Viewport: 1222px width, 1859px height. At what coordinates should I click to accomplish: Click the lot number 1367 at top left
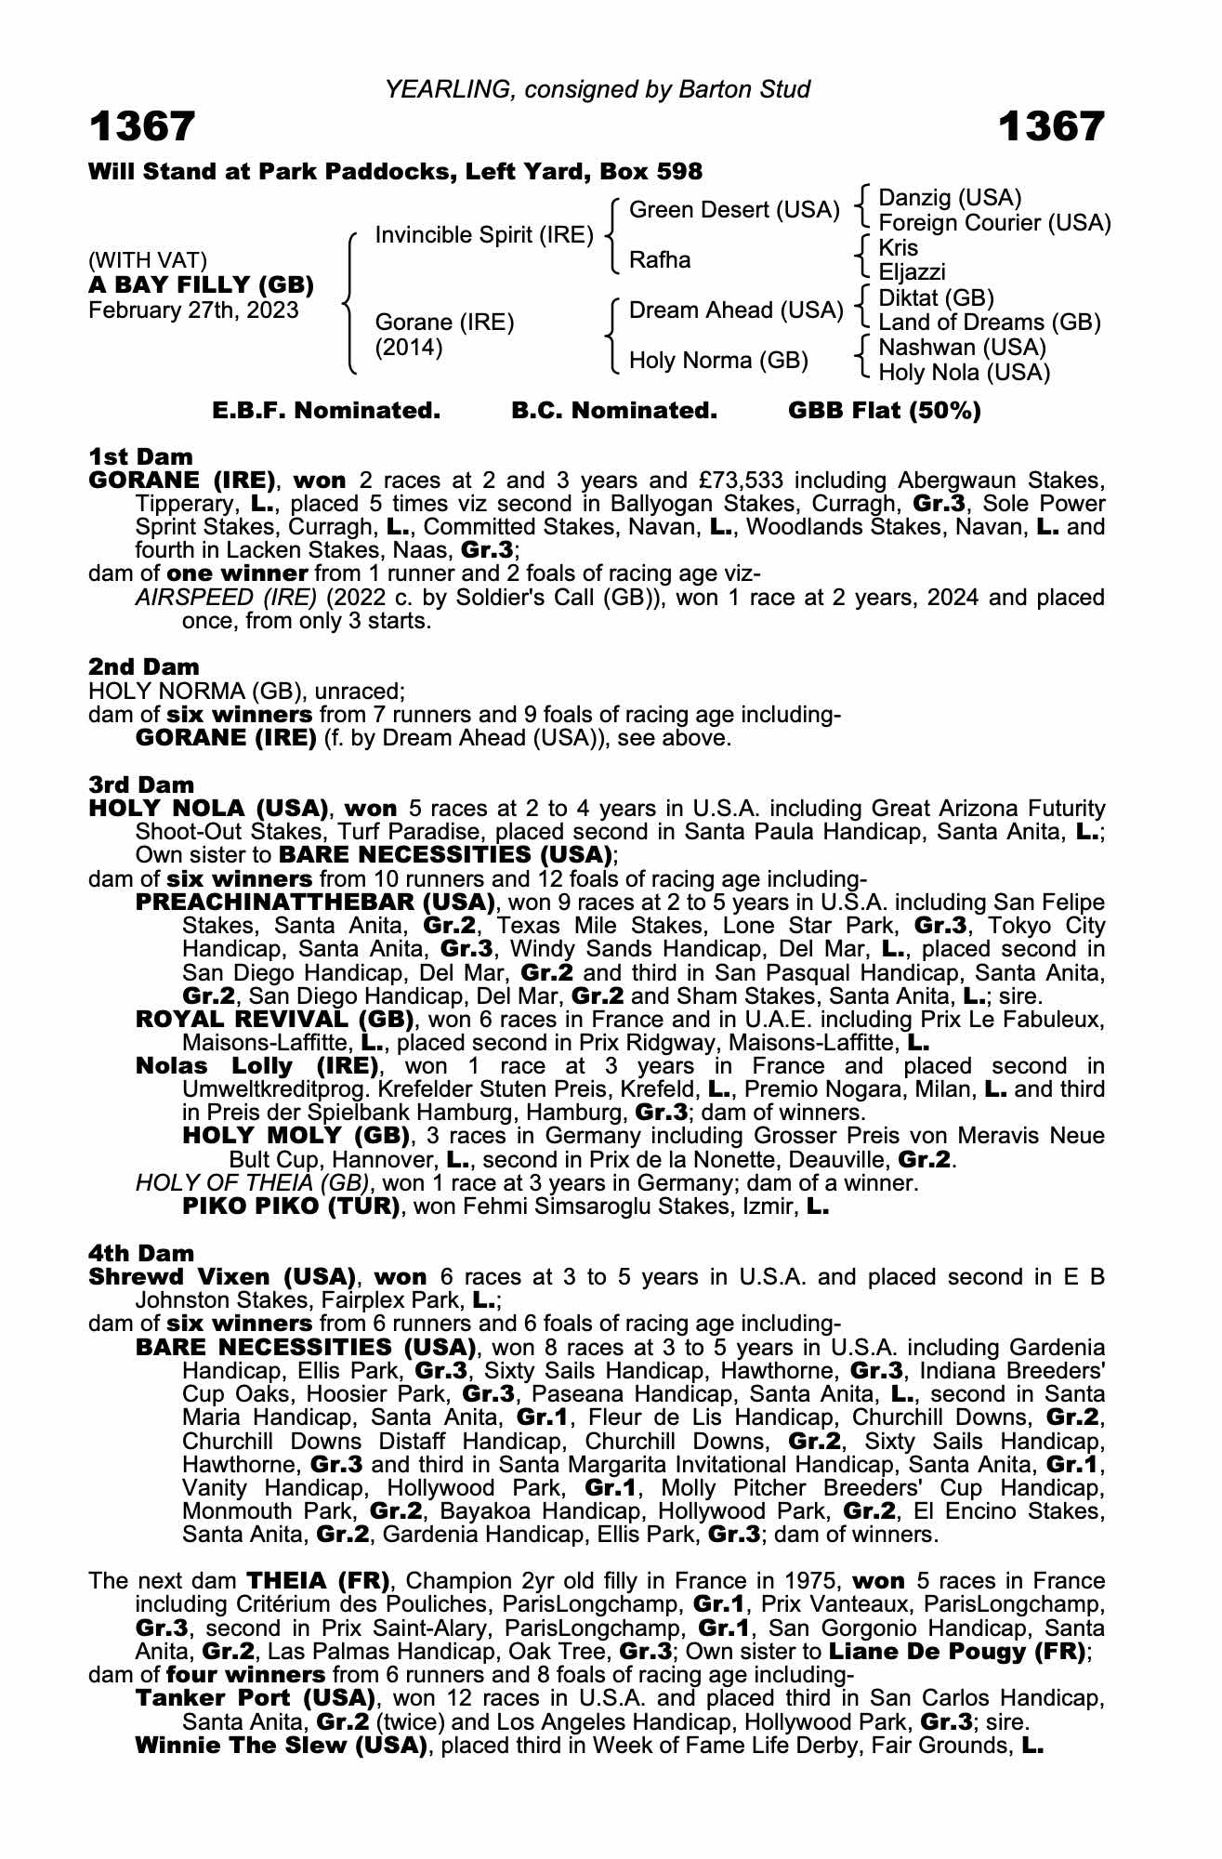[x=142, y=127]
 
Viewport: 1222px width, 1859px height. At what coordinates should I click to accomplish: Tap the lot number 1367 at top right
[x=1051, y=127]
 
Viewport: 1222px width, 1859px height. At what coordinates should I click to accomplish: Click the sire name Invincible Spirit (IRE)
[x=483, y=235]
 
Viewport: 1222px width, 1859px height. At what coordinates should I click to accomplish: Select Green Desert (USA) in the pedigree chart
[x=734, y=210]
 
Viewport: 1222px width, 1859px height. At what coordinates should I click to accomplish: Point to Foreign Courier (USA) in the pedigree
[x=994, y=223]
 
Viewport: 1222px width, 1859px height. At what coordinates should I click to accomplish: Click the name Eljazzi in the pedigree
[x=912, y=272]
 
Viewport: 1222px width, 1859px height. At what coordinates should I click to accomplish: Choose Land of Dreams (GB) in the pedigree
[x=989, y=323]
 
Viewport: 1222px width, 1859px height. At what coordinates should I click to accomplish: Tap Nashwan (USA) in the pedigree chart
[x=962, y=348]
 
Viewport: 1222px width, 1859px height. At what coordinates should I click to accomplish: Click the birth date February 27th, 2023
[x=193, y=310]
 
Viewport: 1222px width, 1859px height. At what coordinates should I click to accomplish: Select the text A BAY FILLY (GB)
[x=201, y=284]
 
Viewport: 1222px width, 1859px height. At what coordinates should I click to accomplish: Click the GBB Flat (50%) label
[x=884, y=411]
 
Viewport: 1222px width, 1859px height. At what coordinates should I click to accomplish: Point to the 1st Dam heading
[x=140, y=456]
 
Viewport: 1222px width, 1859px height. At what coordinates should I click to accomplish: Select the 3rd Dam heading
[x=141, y=784]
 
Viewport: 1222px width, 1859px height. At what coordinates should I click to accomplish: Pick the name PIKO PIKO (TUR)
[x=292, y=1206]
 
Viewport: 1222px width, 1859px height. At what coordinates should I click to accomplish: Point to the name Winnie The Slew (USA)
[x=282, y=1745]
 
